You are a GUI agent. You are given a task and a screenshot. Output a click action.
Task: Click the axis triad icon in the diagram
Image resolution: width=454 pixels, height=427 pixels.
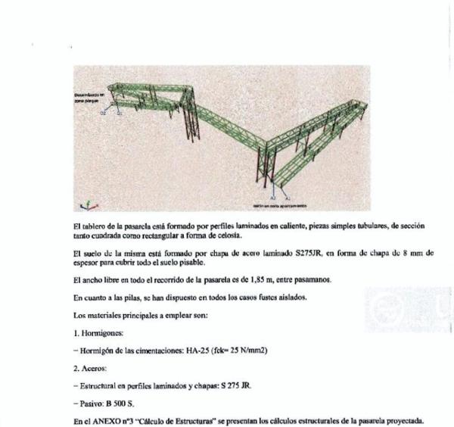pos(86,204)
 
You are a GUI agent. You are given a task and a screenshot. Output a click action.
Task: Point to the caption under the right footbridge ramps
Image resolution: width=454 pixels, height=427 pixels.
pos(279,205)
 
